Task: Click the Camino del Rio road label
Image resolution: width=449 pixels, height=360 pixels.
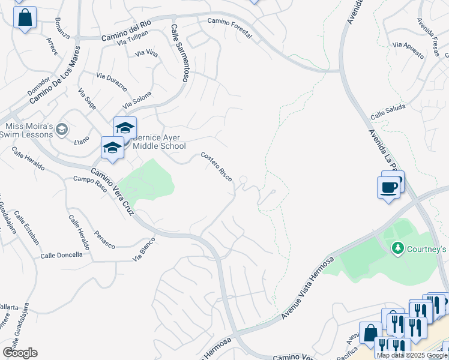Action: [125, 29]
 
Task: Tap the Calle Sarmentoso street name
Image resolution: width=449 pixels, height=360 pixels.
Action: [179, 53]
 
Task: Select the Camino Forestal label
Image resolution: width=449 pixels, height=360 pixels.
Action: [229, 28]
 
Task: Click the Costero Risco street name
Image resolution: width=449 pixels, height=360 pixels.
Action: [217, 169]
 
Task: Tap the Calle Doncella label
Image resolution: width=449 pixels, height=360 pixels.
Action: [61, 255]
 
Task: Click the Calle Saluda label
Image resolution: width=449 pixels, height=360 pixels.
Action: [388, 112]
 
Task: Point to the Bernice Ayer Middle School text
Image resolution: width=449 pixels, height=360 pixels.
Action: [159, 142]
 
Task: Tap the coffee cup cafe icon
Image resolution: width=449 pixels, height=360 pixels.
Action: [389, 187]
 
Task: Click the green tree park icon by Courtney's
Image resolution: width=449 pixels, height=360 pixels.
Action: [397, 248]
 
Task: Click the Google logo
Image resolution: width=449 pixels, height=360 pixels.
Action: [20, 353]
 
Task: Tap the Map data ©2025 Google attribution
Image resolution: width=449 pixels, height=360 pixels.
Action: [412, 355]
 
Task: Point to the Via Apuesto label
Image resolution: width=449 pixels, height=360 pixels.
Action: [408, 45]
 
